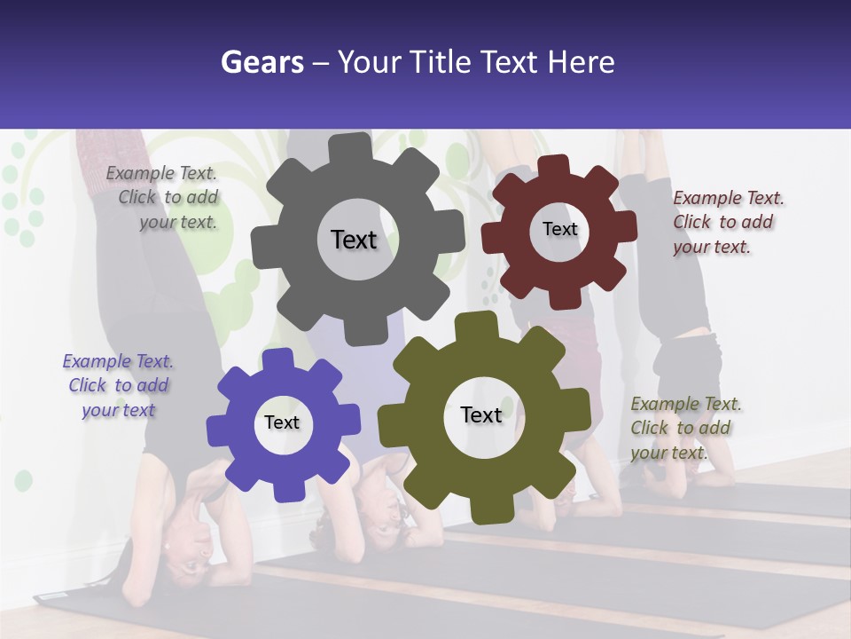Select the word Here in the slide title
[581, 62]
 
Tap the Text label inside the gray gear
[354, 240]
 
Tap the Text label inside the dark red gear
[559, 229]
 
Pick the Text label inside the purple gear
[282, 422]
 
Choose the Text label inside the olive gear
[481, 415]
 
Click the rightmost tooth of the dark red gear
[625, 226]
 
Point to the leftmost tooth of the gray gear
[263, 245]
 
